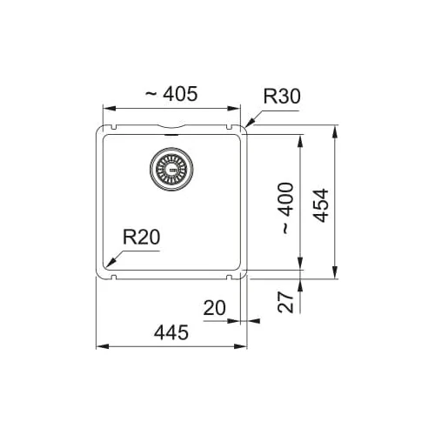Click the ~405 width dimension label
click(171, 94)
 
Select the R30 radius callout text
click(282, 97)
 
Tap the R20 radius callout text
click(141, 237)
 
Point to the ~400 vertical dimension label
click(287, 208)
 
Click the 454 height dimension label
click(321, 205)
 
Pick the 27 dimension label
click(285, 303)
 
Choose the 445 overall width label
click(171, 332)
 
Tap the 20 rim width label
click(214, 308)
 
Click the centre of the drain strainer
click(171, 170)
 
